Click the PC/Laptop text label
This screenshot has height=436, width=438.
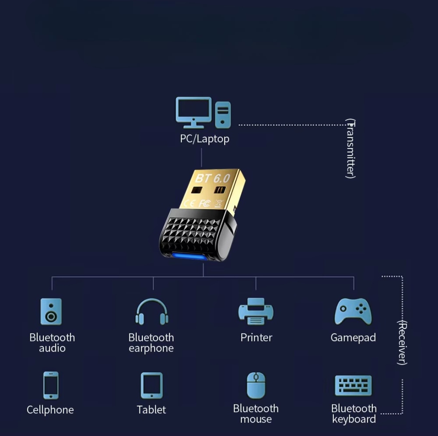tap(204, 139)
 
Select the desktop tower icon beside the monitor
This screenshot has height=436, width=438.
tap(223, 115)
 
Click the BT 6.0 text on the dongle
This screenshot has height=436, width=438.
tap(213, 178)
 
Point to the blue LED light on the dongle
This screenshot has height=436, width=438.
tap(189, 257)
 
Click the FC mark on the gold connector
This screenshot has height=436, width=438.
tap(205, 203)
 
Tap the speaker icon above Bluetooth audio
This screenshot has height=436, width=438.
tap(51, 311)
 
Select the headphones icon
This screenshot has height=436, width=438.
tap(152, 312)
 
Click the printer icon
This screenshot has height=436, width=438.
tap(256, 311)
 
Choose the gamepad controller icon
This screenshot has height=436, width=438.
tap(353, 311)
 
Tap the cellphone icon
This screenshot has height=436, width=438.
tap(51, 385)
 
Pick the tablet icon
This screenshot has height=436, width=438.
tap(152, 386)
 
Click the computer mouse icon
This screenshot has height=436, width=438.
tap(256, 385)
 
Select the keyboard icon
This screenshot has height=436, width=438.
tap(353, 385)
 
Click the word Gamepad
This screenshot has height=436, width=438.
tap(353, 337)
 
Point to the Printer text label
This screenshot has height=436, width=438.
tap(256, 337)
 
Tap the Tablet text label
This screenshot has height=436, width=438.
tap(151, 410)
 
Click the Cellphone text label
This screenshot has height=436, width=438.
tap(50, 410)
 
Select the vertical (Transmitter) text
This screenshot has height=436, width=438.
tap(350, 148)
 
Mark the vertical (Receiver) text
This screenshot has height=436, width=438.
tap(402, 342)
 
